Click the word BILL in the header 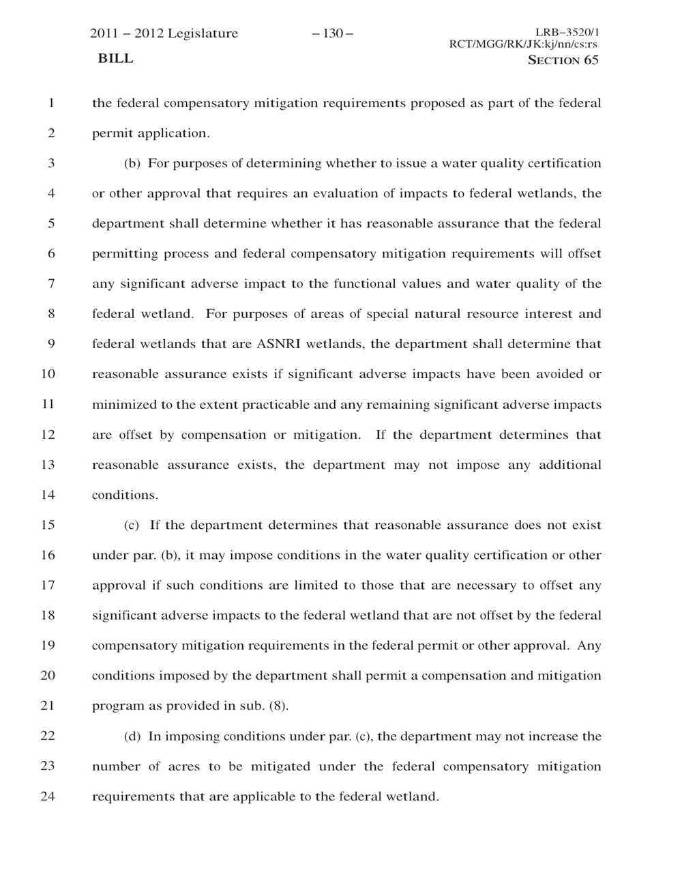coord(115,59)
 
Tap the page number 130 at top coord(332,33)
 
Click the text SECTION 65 coord(563,60)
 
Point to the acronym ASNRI coord(280,344)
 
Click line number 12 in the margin coord(48,435)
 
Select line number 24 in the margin coord(48,796)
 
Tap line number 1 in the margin coord(50,103)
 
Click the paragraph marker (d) coord(132,736)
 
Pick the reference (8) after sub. coord(278,706)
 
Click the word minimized coord(124,405)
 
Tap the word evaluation coord(346,193)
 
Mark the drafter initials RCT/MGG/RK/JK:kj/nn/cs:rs coord(523,44)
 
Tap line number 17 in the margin coord(48,585)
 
